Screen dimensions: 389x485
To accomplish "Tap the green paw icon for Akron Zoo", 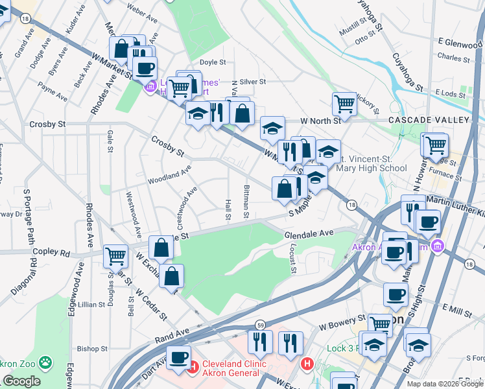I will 45,361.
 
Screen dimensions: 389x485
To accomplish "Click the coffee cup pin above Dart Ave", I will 178,357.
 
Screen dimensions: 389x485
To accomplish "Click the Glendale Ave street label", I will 309,233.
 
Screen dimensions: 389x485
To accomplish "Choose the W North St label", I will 320,121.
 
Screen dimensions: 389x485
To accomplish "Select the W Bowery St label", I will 342,318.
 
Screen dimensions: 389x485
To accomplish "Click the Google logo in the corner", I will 21,381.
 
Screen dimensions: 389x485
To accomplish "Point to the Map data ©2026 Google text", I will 445,384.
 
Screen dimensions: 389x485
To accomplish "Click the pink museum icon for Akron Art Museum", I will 437,246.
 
